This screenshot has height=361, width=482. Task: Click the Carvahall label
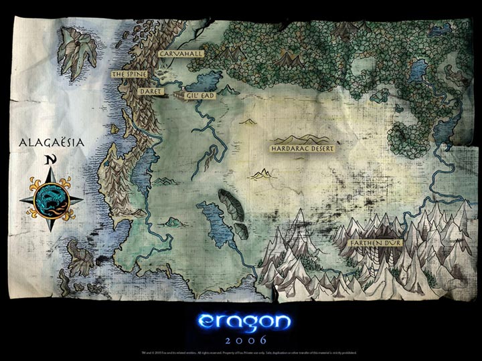tap(179, 55)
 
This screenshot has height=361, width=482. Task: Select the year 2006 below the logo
tap(241, 339)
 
